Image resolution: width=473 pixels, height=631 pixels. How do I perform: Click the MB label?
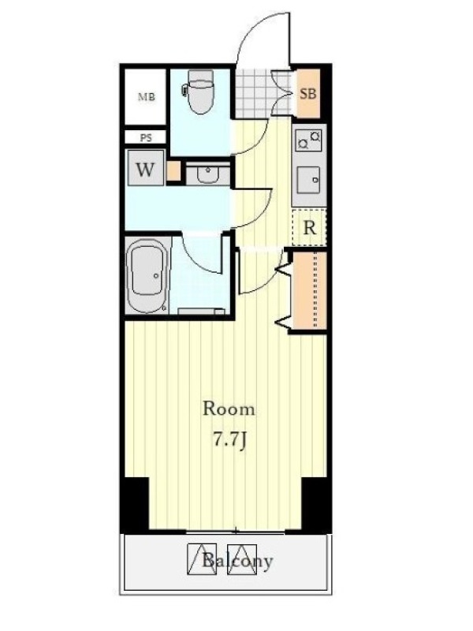147,97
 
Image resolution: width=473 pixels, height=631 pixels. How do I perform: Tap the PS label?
146,137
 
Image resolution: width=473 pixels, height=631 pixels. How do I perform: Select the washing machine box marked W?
145,168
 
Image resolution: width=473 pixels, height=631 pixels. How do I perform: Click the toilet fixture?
199,91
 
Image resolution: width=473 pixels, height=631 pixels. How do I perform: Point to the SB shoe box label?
308,94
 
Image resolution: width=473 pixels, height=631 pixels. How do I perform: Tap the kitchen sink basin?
308,181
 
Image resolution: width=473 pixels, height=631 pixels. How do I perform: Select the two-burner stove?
308,140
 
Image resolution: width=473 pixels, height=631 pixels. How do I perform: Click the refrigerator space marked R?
309,227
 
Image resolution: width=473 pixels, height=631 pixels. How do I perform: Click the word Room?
229,409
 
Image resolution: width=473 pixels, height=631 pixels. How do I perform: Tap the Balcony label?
237,561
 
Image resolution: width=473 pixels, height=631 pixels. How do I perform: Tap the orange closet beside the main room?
310,290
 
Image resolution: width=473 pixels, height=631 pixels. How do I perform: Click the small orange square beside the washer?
173,170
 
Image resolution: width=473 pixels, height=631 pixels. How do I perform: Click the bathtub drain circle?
156,275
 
